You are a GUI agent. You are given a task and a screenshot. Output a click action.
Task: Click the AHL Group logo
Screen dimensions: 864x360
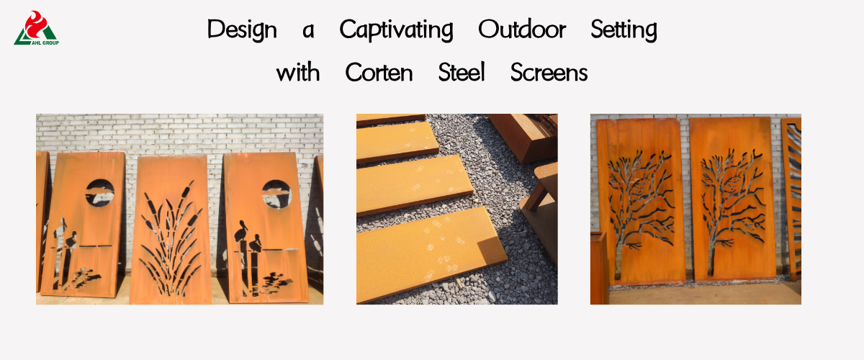[36, 28]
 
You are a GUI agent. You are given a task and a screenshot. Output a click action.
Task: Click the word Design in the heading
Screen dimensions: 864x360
[242, 30]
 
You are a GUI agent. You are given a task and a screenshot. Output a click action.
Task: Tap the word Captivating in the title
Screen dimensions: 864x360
[396, 30]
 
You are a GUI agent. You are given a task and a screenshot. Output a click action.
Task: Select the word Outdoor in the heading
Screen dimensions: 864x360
[522, 29]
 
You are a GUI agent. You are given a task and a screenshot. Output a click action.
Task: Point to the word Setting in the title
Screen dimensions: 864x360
[624, 30]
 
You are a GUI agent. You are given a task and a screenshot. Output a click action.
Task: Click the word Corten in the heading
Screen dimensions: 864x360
[379, 72]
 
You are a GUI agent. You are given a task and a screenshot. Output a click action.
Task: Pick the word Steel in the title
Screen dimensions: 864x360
[462, 72]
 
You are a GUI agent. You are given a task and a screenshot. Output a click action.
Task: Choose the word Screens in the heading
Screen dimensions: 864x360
[549, 72]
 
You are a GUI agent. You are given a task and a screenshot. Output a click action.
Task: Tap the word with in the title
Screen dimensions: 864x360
[298, 72]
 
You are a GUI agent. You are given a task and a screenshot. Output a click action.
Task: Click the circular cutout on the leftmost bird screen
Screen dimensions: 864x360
[100, 192]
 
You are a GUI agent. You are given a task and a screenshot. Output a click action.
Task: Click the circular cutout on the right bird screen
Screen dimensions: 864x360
[276, 194]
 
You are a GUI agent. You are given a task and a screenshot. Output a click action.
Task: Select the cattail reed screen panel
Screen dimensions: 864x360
[171, 230]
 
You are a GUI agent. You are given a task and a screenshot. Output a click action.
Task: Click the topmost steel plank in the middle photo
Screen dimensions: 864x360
[390, 119]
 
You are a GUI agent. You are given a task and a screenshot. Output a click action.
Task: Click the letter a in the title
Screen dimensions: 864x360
[308, 31]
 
